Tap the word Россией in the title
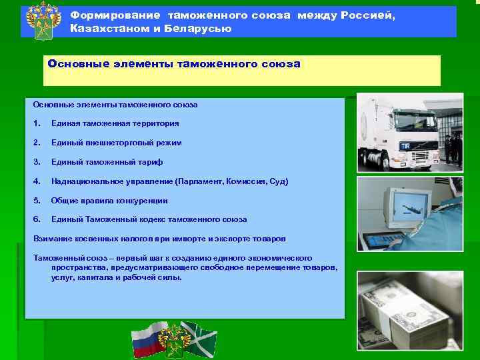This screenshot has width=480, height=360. click(x=370, y=15)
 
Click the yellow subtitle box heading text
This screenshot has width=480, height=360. click(x=174, y=65)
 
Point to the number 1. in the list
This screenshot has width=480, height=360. click(x=37, y=123)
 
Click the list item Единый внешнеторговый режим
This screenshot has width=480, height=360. click(x=116, y=143)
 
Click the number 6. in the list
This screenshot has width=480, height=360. click(x=37, y=219)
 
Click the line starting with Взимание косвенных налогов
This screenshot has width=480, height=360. click(x=159, y=239)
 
